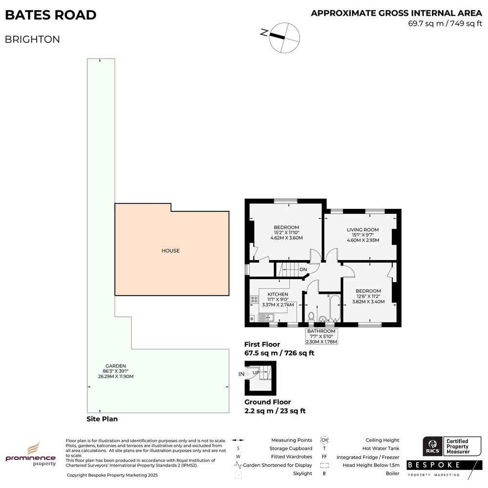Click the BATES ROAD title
[51, 15]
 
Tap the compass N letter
[264, 32]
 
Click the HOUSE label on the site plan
[170, 250]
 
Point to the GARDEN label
[116, 366]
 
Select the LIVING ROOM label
[363, 230]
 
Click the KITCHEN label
[278, 294]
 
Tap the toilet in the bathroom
[311, 317]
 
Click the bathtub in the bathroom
[335, 308]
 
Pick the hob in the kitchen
[254, 300]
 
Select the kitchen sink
[266, 318]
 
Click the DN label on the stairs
[303, 269]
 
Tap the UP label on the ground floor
[256, 372]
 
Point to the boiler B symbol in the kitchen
[252, 319]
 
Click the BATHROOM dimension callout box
[322, 336]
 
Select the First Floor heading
[262, 344]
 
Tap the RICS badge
[433, 446]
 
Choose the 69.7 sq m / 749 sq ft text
[445, 23]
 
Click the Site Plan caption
[102, 419]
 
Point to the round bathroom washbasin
[323, 319]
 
